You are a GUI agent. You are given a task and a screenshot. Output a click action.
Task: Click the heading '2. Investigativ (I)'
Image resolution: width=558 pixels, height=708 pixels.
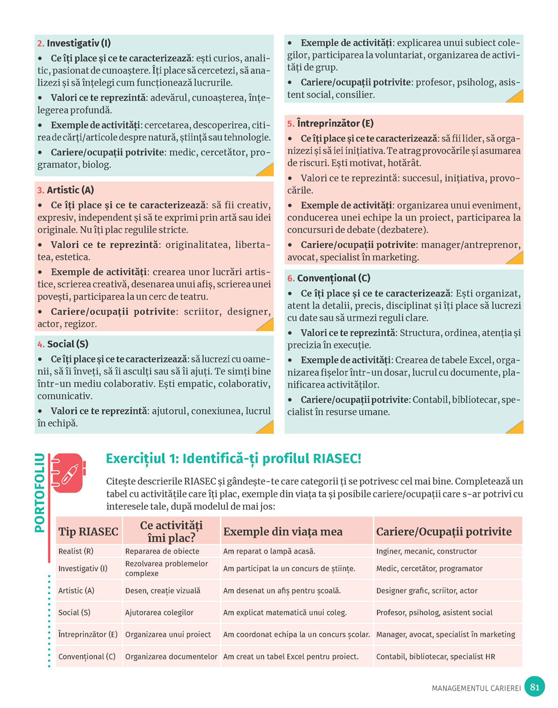(x=74, y=43)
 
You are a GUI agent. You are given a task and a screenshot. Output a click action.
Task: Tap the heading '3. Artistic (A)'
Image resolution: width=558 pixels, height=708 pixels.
(x=65, y=190)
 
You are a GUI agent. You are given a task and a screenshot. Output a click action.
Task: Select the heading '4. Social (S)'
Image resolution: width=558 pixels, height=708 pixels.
(x=62, y=344)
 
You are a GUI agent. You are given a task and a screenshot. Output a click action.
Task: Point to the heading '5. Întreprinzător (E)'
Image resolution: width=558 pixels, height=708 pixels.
(x=330, y=123)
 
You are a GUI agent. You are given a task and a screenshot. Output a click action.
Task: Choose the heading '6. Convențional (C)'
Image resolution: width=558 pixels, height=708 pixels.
(x=329, y=278)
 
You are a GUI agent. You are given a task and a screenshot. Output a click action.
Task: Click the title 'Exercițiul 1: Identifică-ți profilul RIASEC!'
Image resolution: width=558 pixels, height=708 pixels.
(x=233, y=459)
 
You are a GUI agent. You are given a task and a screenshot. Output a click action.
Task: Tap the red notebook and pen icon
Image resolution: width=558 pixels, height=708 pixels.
(x=69, y=473)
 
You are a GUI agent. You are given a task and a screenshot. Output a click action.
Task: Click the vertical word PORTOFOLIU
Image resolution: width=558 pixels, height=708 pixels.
(x=40, y=493)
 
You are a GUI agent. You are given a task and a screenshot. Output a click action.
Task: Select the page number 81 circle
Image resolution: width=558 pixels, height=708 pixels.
(x=535, y=687)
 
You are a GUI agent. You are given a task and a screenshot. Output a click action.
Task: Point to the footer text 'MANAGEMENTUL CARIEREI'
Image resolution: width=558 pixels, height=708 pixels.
(x=476, y=688)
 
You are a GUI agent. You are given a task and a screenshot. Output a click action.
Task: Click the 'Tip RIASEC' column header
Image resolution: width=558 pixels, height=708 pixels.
(x=88, y=532)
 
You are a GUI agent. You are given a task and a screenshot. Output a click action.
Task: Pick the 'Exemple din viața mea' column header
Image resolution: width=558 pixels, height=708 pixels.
(x=282, y=532)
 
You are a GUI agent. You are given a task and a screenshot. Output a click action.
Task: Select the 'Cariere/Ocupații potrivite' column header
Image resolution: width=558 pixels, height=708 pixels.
(x=444, y=532)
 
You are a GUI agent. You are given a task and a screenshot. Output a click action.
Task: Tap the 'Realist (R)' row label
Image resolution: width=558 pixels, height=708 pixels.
(x=76, y=551)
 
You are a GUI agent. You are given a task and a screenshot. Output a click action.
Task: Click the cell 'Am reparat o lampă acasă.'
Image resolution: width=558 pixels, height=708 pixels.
(x=269, y=551)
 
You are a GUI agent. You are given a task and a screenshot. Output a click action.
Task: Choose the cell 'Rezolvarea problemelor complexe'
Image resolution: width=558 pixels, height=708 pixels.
(x=166, y=568)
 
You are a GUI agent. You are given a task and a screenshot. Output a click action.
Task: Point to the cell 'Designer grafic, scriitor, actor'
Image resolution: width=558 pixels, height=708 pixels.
(x=427, y=590)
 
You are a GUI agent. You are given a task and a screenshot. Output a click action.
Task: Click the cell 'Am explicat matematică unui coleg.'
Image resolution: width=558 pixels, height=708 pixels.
(x=285, y=613)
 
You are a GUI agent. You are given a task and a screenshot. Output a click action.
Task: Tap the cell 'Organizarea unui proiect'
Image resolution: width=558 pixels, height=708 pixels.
(x=168, y=634)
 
